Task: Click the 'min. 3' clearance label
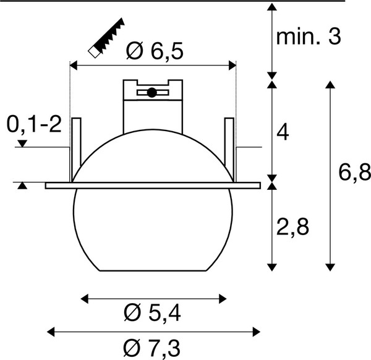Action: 308,38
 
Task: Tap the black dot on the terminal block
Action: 151,93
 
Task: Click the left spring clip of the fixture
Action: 77,147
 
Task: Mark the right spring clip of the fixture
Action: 229,147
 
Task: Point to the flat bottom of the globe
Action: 153,271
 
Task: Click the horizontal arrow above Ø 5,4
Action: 153,299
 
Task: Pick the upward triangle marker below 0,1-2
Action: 22,186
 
